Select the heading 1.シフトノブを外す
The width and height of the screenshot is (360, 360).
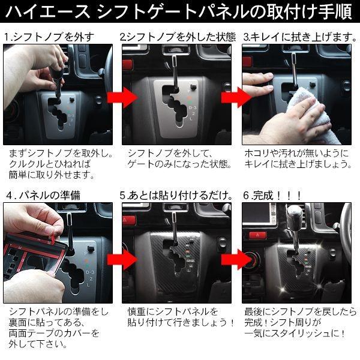49,37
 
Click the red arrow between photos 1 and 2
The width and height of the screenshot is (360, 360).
118,97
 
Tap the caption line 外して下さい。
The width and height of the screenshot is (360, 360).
37,345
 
